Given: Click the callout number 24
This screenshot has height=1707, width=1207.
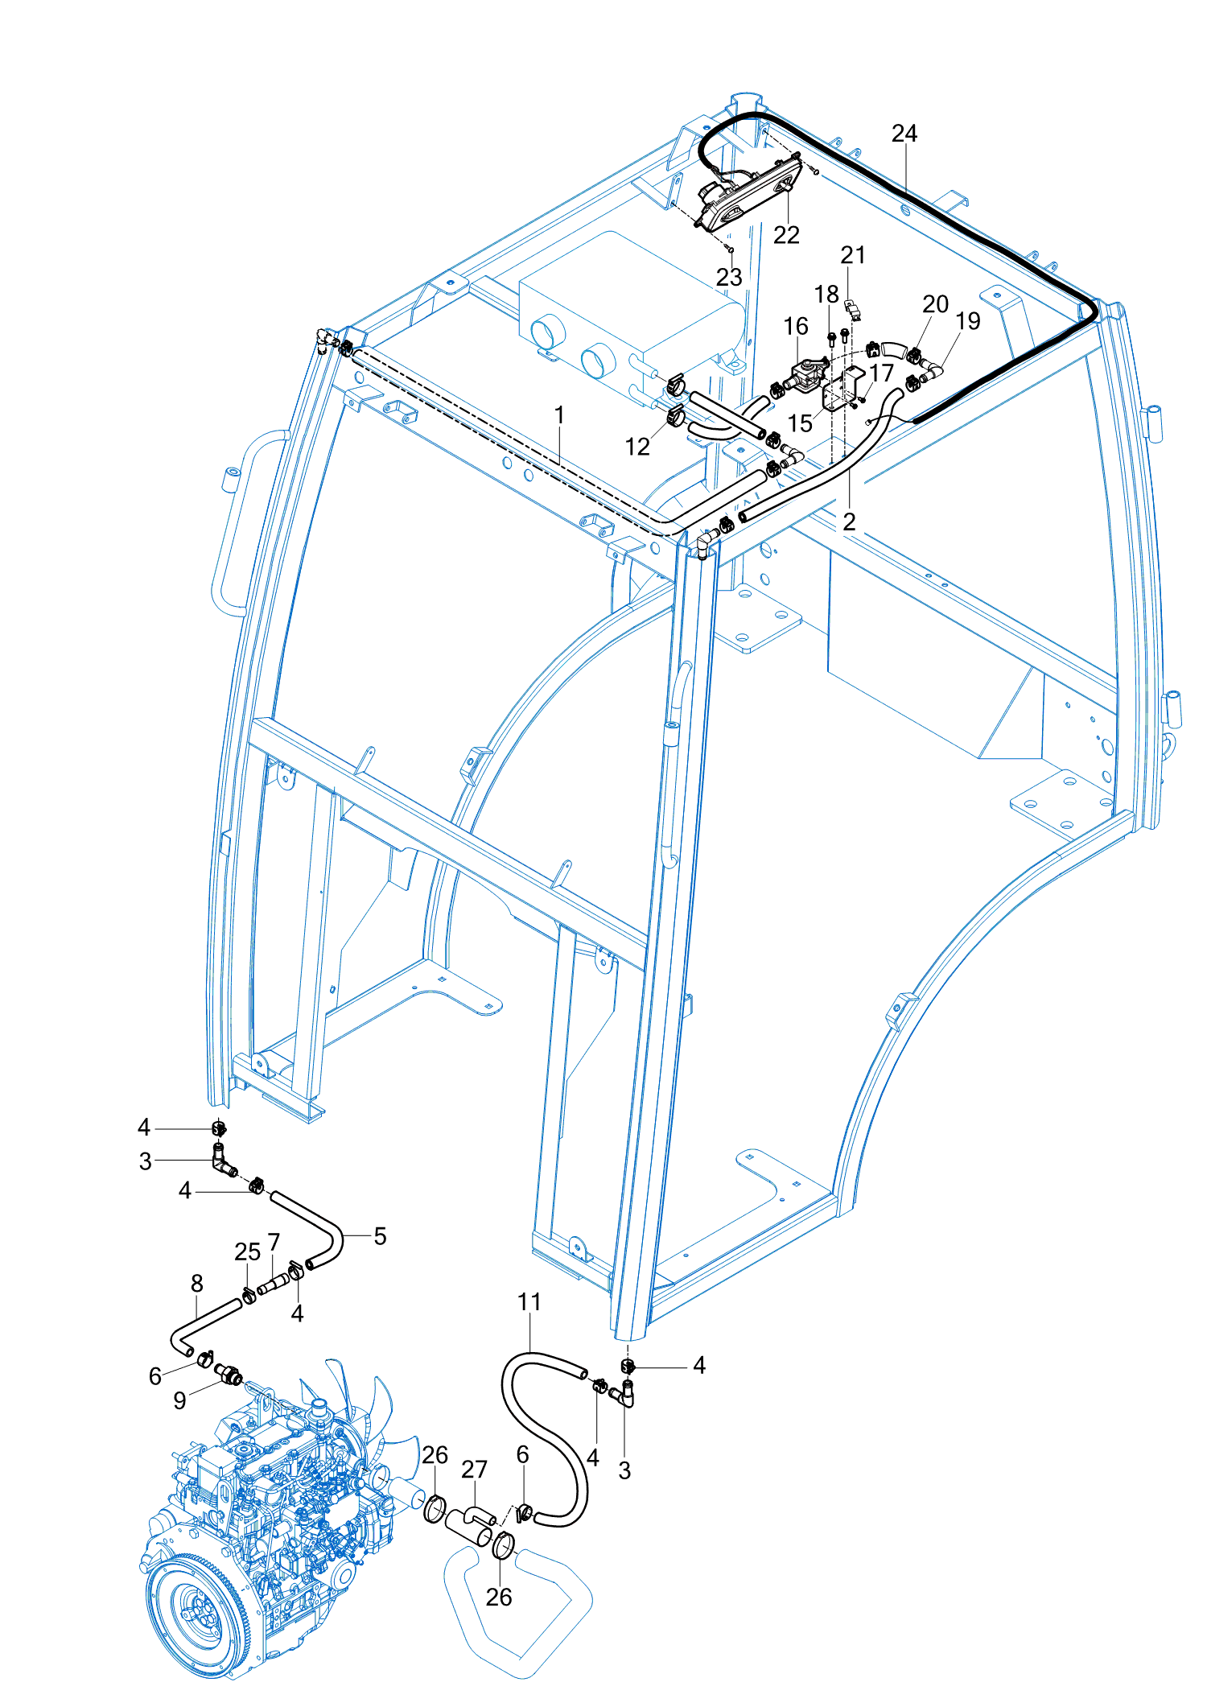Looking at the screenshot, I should (x=904, y=134).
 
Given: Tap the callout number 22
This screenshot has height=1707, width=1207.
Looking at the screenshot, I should (x=786, y=235).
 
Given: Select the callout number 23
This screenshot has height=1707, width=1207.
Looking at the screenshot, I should (x=729, y=277).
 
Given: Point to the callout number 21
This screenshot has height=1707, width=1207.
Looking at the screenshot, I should (x=853, y=255).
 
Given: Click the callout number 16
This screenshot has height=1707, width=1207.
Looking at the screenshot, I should (x=796, y=326).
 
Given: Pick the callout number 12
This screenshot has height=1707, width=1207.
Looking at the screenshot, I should (x=637, y=447).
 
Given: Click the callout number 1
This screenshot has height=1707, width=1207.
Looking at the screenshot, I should (x=559, y=415).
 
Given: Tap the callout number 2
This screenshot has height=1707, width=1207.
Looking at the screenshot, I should (x=849, y=522).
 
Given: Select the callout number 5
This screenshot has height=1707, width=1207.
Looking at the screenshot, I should (x=380, y=1236).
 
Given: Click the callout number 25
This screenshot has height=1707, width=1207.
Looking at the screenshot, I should (x=247, y=1251).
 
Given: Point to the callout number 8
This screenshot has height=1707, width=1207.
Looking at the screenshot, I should (x=197, y=1283).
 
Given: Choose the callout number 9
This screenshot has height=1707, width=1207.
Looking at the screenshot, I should (x=179, y=1400).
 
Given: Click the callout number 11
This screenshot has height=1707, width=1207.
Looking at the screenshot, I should (x=529, y=1301).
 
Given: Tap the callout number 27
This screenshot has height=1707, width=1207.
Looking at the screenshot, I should (x=474, y=1470).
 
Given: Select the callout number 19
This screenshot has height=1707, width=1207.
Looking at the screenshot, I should (x=968, y=321).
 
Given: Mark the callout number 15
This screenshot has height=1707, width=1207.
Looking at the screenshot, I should (x=800, y=423).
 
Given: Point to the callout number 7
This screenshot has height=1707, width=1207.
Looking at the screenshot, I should (x=274, y=1243).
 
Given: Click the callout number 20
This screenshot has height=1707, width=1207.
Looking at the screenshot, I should (x=935, y=304).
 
